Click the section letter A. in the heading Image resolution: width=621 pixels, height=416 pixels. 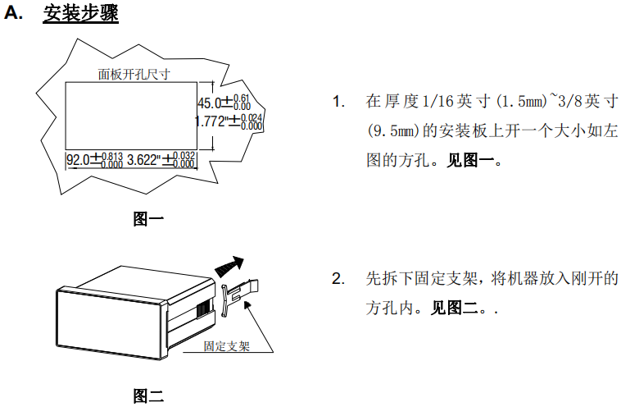coord(16,16)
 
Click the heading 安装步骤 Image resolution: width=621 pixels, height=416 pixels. coord(80,16)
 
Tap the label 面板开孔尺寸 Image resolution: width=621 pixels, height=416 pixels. coord(134,74)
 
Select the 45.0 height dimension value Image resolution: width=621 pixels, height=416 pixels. coord(210,103)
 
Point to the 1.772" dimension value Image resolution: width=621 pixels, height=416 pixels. coord(211,121)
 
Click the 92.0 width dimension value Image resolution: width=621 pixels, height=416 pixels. coord(79,160)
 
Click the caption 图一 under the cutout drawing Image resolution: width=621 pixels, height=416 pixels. coord(148,219)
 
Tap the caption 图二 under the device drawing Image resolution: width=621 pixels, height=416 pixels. coord(148,396)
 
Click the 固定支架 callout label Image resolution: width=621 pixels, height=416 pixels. coord(227,346)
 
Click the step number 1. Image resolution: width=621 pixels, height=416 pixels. coord(338,102)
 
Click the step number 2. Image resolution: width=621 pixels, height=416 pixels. coord(338,279)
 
